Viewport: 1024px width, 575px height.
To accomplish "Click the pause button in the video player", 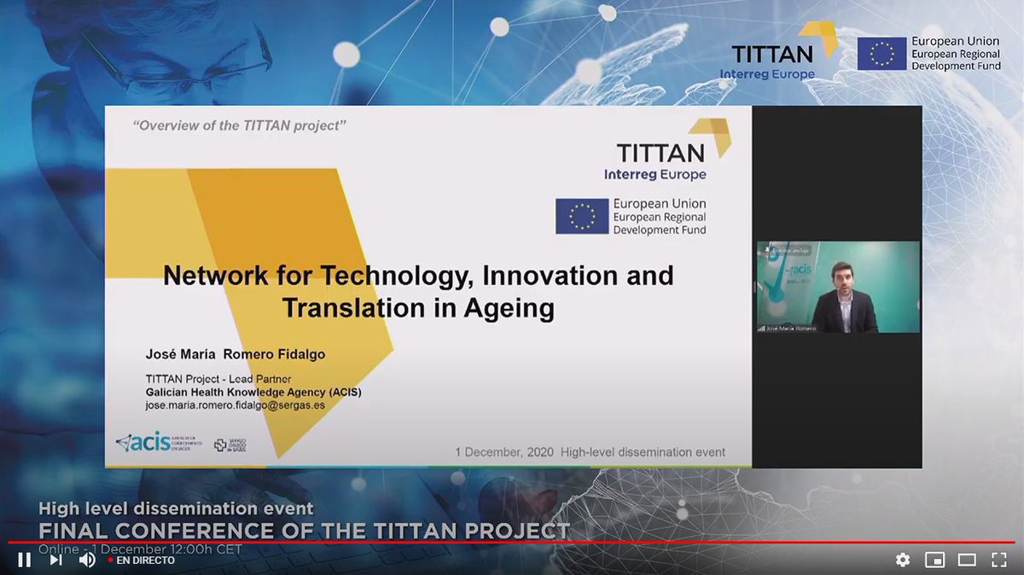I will point(25,560).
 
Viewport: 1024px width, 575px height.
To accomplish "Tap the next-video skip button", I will point(55,560).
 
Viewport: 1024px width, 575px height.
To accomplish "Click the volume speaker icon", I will point(87,560).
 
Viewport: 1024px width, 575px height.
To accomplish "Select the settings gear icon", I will point(903,560).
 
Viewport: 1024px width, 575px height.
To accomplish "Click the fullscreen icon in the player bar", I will point(998,560).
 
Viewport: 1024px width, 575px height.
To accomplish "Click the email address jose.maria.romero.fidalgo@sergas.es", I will point(235,405).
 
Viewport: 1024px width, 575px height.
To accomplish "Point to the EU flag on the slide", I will point(582,216).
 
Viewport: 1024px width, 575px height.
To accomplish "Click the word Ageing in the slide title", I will point(510,307).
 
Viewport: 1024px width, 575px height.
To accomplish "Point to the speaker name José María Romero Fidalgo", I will point(236,354).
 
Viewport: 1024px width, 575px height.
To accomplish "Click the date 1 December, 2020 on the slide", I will point(504,452).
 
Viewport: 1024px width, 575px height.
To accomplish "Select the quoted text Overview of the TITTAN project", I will point(240,126).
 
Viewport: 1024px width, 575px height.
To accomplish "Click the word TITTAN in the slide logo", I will point(660,153).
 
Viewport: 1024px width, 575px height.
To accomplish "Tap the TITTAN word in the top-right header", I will point(772,55).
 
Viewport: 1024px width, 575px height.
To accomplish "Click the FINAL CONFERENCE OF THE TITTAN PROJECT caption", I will point(304,531).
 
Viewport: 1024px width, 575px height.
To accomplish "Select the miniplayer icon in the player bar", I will point(935,560).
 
